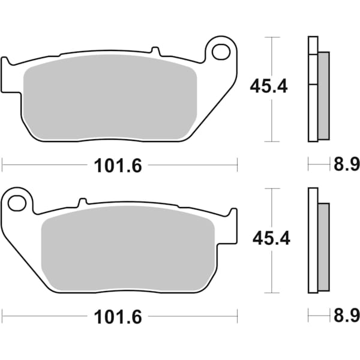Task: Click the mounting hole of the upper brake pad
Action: (221, 52)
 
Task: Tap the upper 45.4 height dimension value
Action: (269, 86)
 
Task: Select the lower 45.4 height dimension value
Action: (271, 238)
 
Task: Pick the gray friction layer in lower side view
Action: (323, 246)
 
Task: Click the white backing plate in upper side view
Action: (312, 90)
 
